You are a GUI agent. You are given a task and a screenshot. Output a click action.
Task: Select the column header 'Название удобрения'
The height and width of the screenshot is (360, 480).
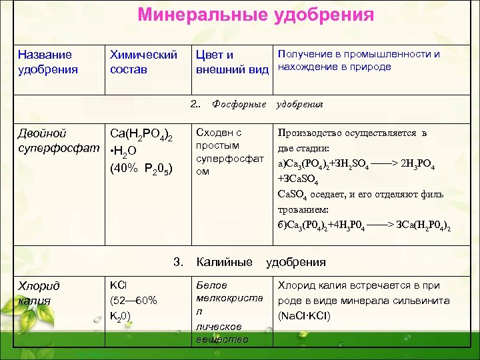click(x=47, y=61)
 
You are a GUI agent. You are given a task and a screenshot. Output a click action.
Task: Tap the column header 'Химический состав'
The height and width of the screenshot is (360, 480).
click(x=143, y=61)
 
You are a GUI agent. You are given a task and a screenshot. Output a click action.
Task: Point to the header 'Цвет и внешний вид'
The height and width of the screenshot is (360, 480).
click(x=231, y=61)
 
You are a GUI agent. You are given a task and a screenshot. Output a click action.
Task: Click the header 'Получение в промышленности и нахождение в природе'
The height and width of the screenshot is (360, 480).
click(x=358, y=60)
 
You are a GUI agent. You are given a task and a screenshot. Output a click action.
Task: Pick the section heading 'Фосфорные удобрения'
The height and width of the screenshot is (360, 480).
click(x=267, y=104)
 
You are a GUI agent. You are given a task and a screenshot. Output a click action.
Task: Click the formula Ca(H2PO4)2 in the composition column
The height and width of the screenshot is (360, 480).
click(x=141, y=136)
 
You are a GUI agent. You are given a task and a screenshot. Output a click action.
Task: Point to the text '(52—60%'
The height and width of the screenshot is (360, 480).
click(x=133, y=300)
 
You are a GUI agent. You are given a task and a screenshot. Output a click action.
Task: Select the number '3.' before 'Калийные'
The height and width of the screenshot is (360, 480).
click(x=177, y=262)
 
